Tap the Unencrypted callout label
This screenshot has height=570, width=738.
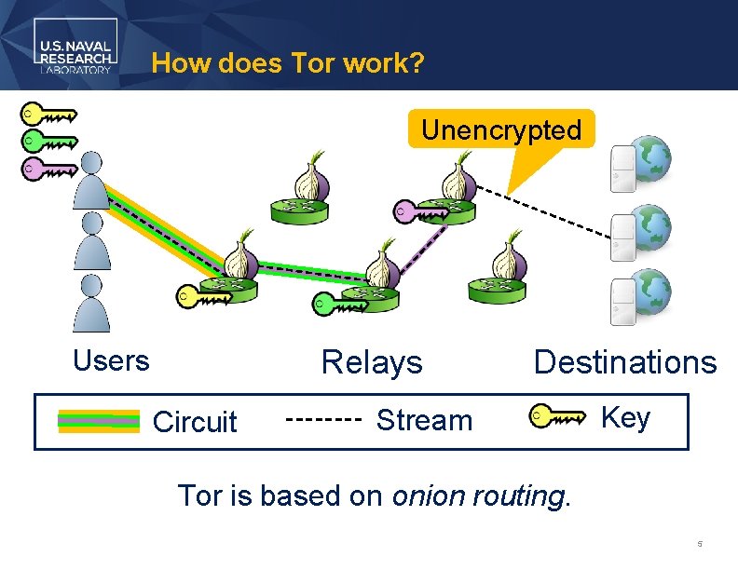[x=501, y=130]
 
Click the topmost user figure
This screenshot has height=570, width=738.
[x=91, y=181]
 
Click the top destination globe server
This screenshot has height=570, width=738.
[x=641, y=164]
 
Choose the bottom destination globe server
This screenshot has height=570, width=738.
[x=641, y=296]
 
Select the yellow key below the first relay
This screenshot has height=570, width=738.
[x=205, y=298]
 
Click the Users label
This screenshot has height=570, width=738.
[x=111, y=361]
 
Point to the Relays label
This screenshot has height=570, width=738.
[x=372, y=362]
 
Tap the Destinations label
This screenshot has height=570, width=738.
[x=625, y=362]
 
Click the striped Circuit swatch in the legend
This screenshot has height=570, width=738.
[x=98, y=422]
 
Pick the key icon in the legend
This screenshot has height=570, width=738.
[x=557, y=417]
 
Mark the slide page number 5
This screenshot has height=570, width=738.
[x=699, y=543]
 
